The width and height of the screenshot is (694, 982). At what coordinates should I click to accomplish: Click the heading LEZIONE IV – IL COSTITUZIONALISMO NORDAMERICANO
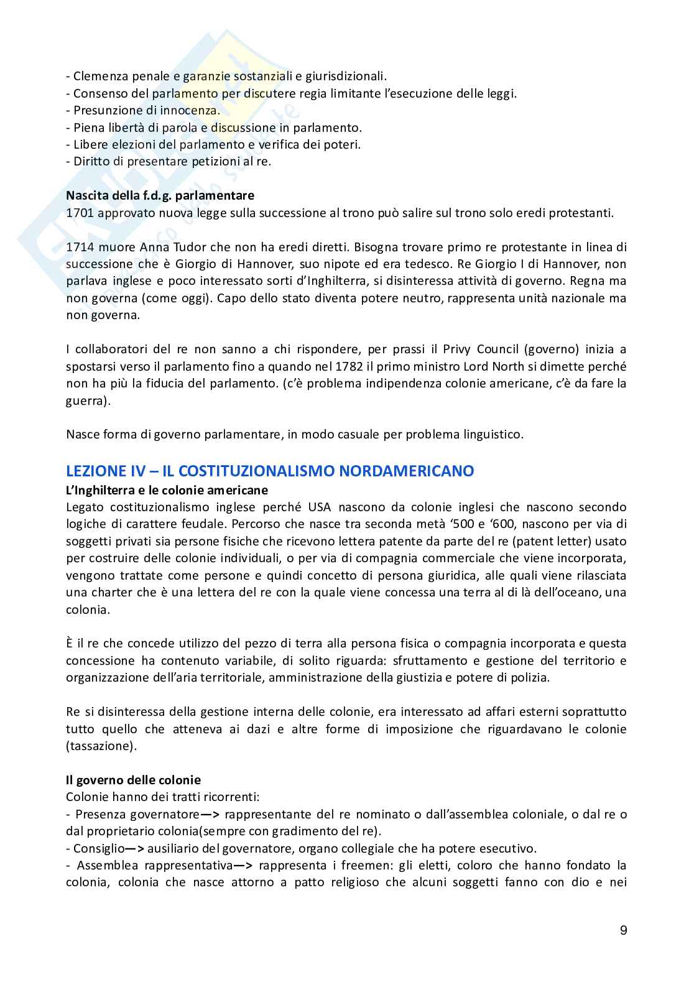pyautogui.click(x=270, y=471)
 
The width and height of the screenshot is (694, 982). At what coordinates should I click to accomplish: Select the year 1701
pyautogui.click(x=79, y=213)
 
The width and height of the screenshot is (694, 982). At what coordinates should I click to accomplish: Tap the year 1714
pyautogui.click(x=79, y=247)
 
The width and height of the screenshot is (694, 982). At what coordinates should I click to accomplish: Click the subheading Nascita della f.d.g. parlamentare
pyautogui.click(x=160, y=195)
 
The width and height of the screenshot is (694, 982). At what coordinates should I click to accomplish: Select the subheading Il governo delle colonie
pyautogui.click(x=133, y=779)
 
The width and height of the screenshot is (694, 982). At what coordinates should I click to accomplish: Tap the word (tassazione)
pyautogui.click(x=100, y=745)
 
